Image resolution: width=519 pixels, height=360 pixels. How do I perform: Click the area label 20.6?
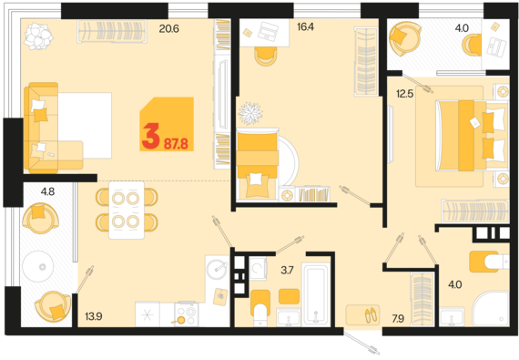pos(168,29)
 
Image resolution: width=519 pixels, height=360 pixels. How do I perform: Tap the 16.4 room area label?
pos(306,26)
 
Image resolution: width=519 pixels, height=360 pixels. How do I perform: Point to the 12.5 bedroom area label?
pos(405,94)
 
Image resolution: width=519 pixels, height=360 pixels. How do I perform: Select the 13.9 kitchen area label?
pos(94,316)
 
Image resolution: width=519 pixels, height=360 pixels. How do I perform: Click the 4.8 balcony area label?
pos(47,191)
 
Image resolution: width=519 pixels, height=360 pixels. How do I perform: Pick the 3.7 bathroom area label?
pos(287,271)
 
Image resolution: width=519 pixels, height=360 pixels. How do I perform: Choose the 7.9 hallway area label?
pos(398,319)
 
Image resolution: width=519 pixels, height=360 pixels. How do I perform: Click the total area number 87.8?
pos(176,144)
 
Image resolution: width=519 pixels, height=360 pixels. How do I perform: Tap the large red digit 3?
pos(150,136)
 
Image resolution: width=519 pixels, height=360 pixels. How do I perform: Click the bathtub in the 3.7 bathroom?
pos(317,294)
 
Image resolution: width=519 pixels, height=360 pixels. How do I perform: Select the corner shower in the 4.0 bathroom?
pos(491,309)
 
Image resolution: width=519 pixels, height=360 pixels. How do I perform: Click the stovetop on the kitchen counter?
pos(187,314)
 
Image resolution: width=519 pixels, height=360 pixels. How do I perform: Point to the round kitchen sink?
pos(217,269)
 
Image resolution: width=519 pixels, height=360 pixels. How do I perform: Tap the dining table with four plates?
pos(127,210)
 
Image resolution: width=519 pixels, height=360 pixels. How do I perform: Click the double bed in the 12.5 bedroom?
pos(473,136)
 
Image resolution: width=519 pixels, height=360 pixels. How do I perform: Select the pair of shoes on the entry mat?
pos(371,315)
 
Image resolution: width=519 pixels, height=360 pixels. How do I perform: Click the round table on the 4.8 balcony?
pos(37,266)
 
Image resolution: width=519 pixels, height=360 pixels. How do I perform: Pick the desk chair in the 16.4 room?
pos(266,57)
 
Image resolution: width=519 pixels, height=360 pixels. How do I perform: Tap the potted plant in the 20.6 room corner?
pos(38,36)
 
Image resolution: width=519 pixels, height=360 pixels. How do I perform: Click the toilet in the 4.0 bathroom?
pos(489,262)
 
